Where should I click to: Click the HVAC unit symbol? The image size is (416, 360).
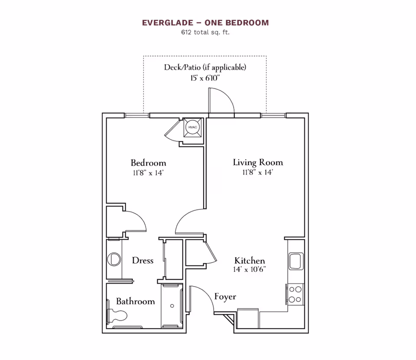pos(192,127)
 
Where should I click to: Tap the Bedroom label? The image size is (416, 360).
pos(148,163)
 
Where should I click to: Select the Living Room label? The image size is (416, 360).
pos(258,163)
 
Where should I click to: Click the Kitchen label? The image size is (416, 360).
pos(250,261)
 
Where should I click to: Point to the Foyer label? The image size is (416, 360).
pos(225,297)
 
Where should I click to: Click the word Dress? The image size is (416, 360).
pos(143,261)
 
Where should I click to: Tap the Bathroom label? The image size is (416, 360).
pos(135,301)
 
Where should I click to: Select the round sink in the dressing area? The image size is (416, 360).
pos(114,260)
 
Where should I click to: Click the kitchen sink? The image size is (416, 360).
pos(296,262)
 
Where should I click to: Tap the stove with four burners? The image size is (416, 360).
pos(296,294)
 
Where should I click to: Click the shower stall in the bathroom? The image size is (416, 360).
pos(172,305)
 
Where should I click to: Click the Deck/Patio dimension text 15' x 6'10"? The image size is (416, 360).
pos(205,78)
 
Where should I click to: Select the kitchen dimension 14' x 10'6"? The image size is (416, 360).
pos(250,269)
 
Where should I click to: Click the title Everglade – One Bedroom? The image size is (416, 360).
pos(205,23)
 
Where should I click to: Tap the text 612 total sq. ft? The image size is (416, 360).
pos(205,32)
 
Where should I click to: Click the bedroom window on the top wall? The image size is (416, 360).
pos(137,115)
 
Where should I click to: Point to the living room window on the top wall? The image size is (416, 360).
pos(273,115)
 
